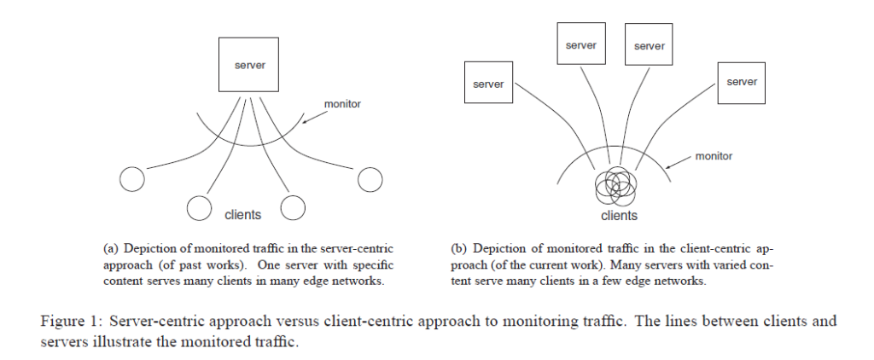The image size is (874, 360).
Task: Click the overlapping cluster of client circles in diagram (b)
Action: [616, 186]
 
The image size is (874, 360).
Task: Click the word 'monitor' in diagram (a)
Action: [343, 104]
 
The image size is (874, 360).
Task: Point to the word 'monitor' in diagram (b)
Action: [714, 156]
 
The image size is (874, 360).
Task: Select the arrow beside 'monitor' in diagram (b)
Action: [679, 161]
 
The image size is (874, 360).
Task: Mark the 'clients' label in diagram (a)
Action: [242, 215]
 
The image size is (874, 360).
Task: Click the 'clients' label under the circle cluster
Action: [620, 216]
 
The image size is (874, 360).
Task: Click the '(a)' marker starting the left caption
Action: [110, 248]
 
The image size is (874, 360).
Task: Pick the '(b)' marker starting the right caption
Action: [458, 248]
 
